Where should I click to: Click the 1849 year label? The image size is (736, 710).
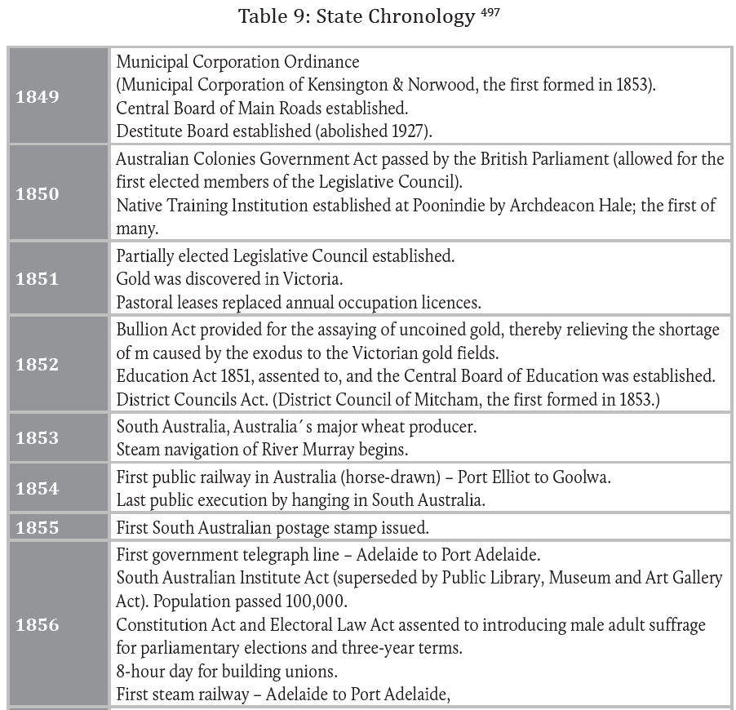(x=38, y=97)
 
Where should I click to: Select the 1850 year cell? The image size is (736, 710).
(x=38, y=193)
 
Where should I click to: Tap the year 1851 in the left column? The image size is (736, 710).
(x=38, y=279)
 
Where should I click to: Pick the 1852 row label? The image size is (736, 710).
(x=38, y=365)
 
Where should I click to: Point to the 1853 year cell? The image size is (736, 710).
(x=38, y=437)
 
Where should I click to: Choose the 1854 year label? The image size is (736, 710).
(x=38, y=488)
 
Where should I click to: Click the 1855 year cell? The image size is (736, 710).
(x=38, y=527)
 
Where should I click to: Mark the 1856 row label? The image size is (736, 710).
(x=38, y=625)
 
